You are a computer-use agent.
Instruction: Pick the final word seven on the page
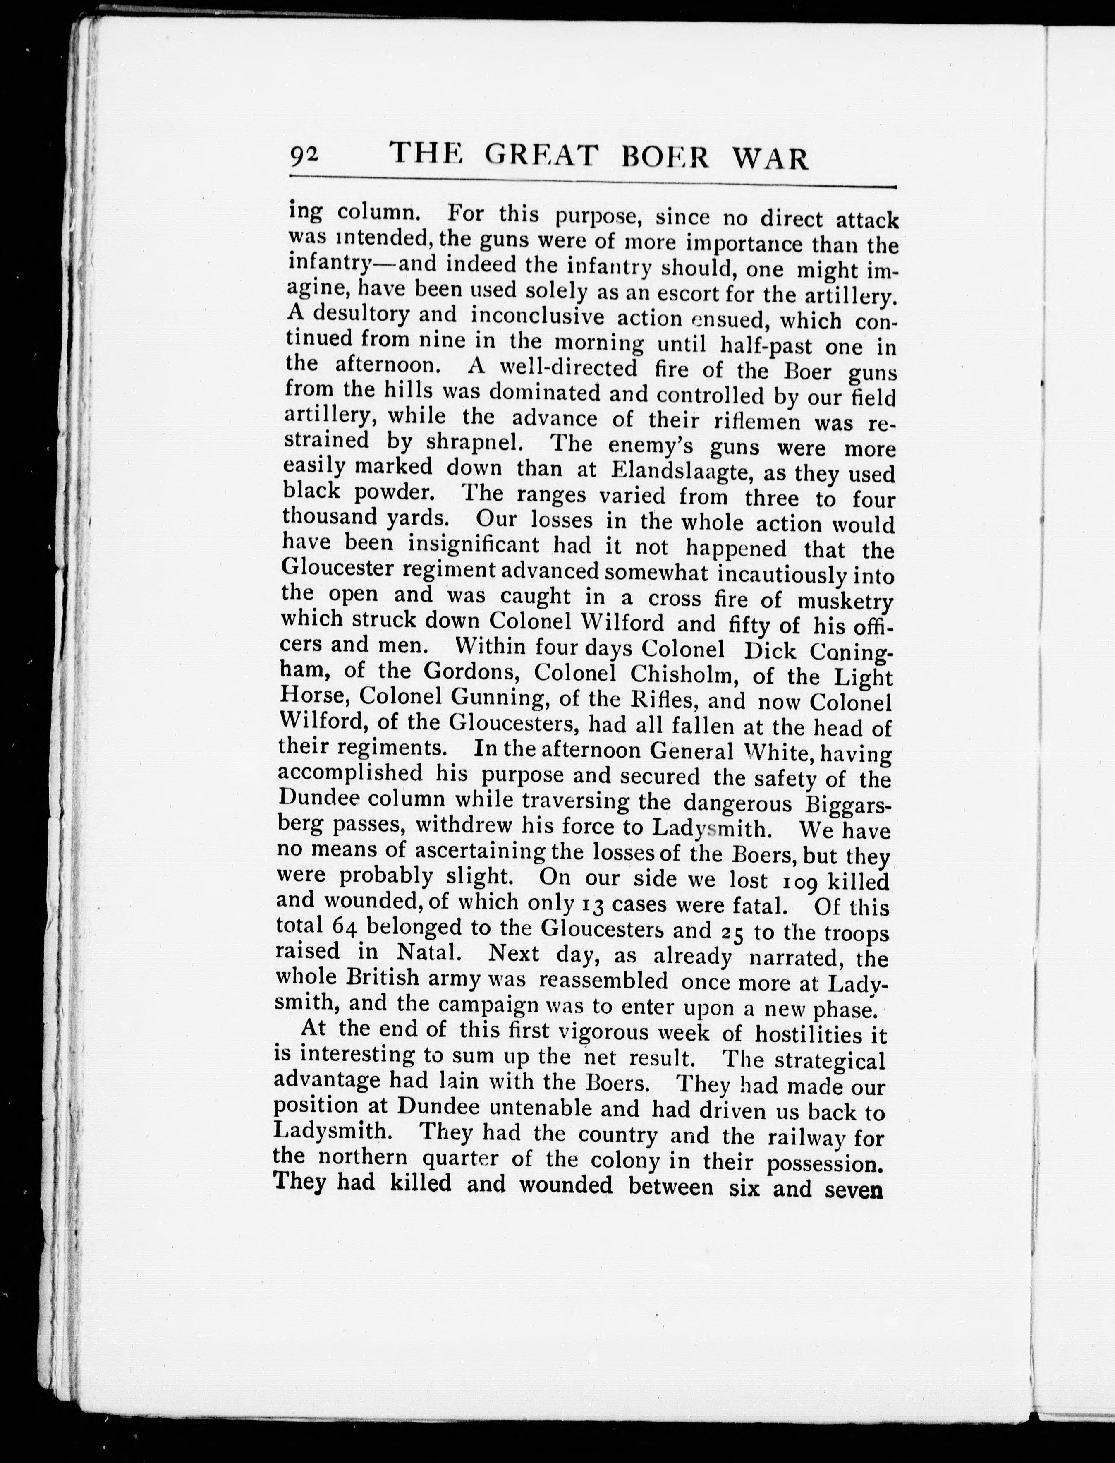854,1188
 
